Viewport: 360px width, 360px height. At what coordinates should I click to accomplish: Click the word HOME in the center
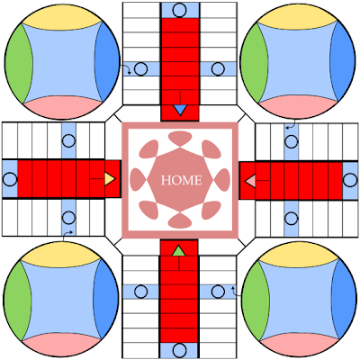tap(181, 180)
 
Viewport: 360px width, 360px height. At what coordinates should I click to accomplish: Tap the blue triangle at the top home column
tap(180, 110)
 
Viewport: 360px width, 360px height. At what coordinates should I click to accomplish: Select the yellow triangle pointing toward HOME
tap(110, 179)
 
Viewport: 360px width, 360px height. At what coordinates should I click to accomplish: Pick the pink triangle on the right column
tap(250, 181)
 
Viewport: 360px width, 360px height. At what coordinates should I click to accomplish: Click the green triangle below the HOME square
tap(178, 251)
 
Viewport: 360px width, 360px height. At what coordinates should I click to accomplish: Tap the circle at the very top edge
tap(180, 10)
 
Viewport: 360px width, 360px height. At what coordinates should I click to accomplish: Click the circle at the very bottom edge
tap(180, 350)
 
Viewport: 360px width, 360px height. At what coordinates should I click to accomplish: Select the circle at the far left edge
tap(10, 179)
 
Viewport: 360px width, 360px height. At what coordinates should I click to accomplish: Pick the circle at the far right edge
tap(350, 181)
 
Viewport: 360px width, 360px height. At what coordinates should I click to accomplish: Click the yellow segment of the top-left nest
tap(62, 19)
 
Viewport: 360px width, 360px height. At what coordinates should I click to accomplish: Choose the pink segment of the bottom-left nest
tap(61, 345)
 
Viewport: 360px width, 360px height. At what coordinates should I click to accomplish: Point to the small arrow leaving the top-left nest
tap(127, 68)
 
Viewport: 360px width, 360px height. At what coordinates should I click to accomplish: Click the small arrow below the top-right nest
tap(292, 125)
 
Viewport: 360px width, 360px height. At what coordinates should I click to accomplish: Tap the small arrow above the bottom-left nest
tap(67, 234)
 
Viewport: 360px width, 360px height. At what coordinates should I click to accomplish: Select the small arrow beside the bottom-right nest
tap(236, 291)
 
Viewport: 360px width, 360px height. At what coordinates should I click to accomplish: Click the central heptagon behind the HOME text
tap(180, 180)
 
